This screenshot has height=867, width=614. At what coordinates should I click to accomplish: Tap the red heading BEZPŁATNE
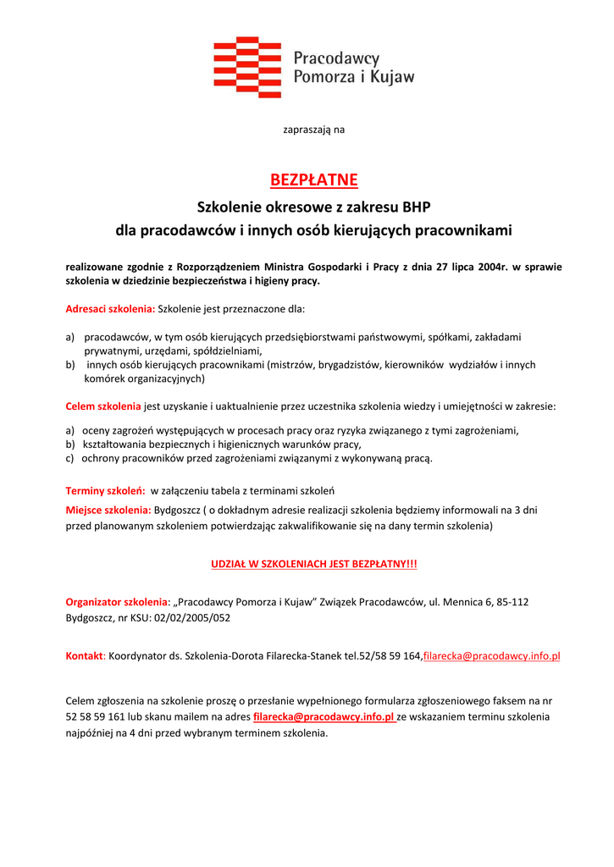[x=313, y=180]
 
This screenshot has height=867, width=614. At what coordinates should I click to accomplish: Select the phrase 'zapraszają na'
[x=313, y=130]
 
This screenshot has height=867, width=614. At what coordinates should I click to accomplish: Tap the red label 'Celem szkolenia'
[x=103, y=406]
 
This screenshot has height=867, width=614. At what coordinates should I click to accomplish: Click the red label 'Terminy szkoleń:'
[x=105, y=490]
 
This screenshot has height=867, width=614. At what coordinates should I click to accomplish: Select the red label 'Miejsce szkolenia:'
[x=108, y=510]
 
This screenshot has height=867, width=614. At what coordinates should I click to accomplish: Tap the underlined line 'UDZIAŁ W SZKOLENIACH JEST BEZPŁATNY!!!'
[x=313, y=563]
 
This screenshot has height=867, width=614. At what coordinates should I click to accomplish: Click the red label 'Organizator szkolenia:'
[x=118, y=602]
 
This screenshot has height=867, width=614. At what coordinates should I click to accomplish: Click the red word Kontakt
[x=84, y=656]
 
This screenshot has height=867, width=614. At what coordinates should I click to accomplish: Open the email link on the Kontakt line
[x=491, y=656]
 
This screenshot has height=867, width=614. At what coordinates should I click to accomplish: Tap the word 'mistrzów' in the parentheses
[x=292, y=365]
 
